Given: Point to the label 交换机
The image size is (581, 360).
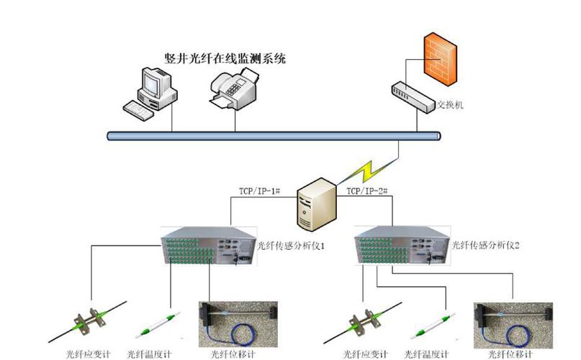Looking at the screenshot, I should click(451, 105).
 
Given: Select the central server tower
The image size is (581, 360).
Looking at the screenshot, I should click(317, 203).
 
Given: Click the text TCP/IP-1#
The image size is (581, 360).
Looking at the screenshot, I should click(258, 192).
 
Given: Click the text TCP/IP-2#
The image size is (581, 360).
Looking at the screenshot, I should click(368, 192).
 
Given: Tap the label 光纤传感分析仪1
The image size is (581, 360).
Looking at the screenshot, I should click(292, 246).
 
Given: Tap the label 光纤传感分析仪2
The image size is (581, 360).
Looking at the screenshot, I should click(487, 246).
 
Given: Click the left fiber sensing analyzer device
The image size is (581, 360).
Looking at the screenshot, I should click(207, 247).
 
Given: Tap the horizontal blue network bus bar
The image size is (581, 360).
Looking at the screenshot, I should click(274, 135).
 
